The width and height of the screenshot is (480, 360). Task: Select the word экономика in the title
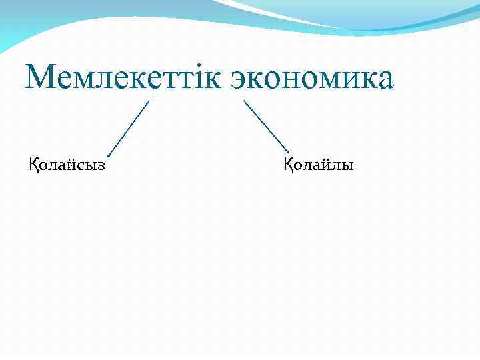tap(313, 78)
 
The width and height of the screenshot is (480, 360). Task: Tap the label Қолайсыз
tap(66, 164)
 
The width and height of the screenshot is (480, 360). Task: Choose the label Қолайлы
tap(319, 164)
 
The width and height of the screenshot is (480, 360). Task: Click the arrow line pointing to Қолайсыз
tap(129, 128)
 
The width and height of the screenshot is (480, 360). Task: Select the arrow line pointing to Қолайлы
tap(265, 126)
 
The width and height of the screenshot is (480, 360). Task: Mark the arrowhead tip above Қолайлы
tap(288, 153)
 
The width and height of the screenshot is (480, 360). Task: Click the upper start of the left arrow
tap(149, 101)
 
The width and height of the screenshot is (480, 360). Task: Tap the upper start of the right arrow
tap(244, 101)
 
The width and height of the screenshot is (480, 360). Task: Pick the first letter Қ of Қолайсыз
tap(33, 164)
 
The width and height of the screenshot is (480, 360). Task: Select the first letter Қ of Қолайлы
tap(289, 164)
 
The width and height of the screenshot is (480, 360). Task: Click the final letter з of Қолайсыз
tap(101, 165)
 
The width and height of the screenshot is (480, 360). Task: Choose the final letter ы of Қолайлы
tap(347, 165)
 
